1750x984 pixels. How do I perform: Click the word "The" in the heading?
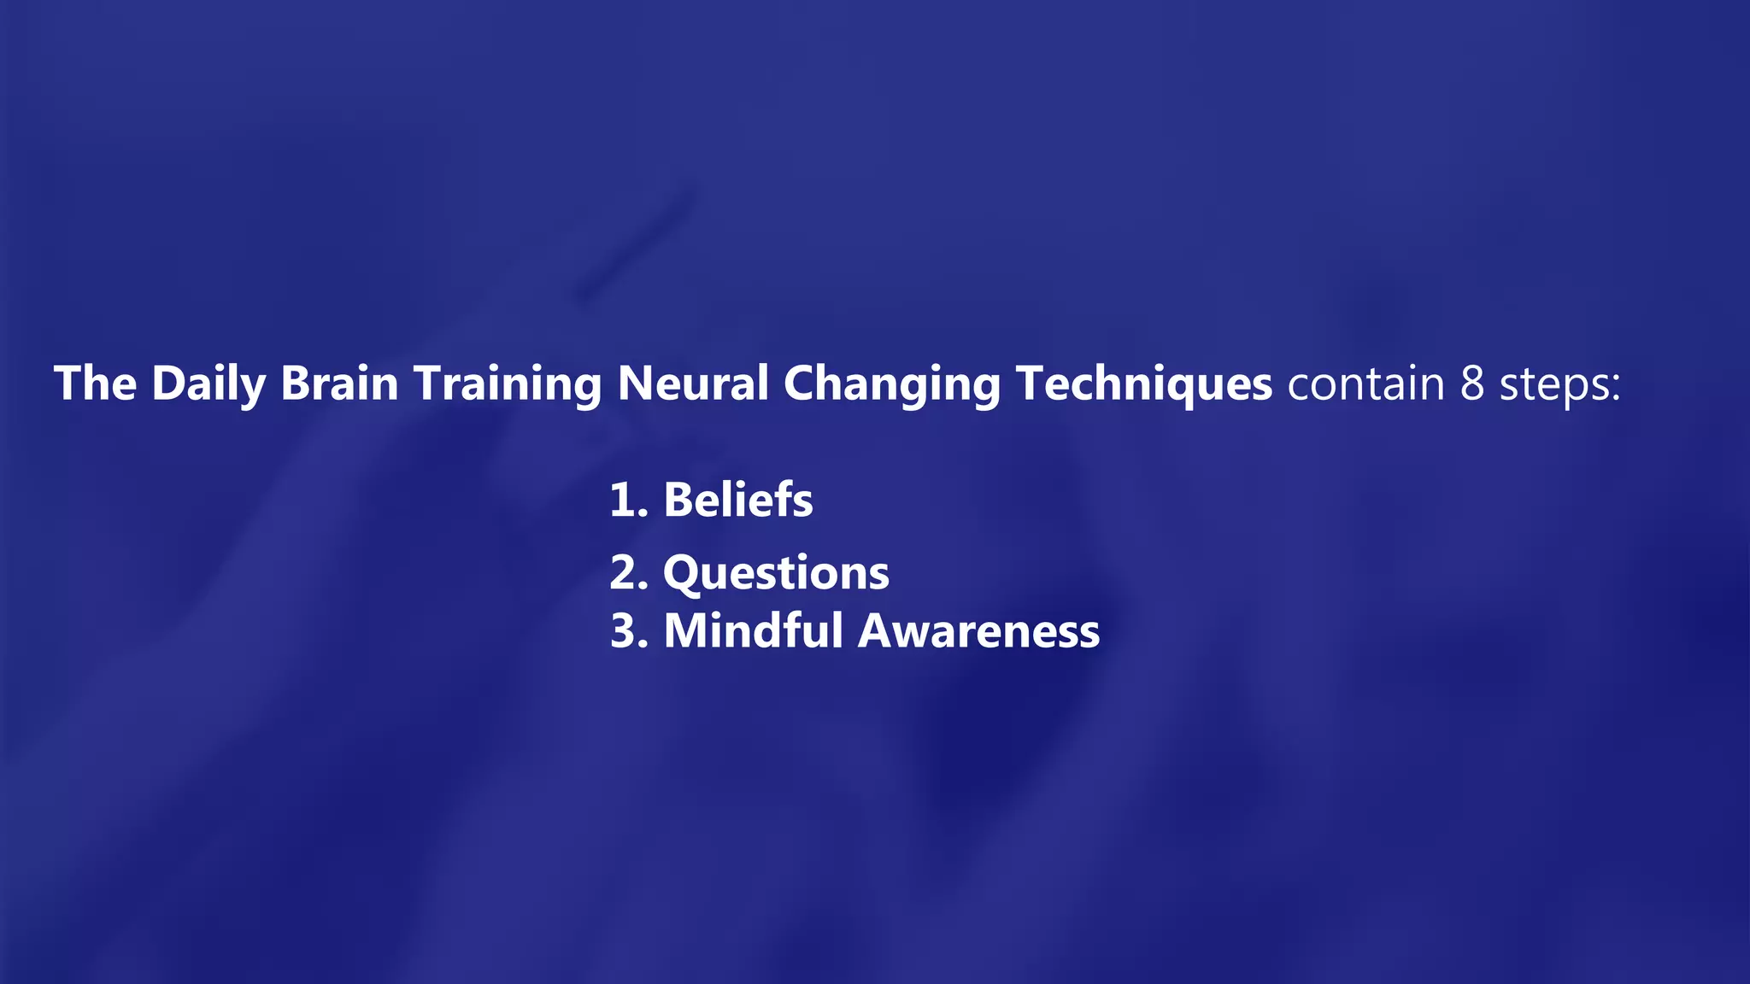95,383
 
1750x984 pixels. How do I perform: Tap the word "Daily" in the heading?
208,384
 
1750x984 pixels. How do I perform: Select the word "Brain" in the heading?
339,383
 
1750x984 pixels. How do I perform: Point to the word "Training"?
508,384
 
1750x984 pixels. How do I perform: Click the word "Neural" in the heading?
692,383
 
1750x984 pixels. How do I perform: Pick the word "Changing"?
891,384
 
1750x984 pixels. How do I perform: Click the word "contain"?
1365,384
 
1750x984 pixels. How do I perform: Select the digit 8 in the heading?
1472,384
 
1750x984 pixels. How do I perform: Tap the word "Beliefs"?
738,500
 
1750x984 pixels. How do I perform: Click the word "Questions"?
776,573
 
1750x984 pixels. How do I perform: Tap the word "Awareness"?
978,631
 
